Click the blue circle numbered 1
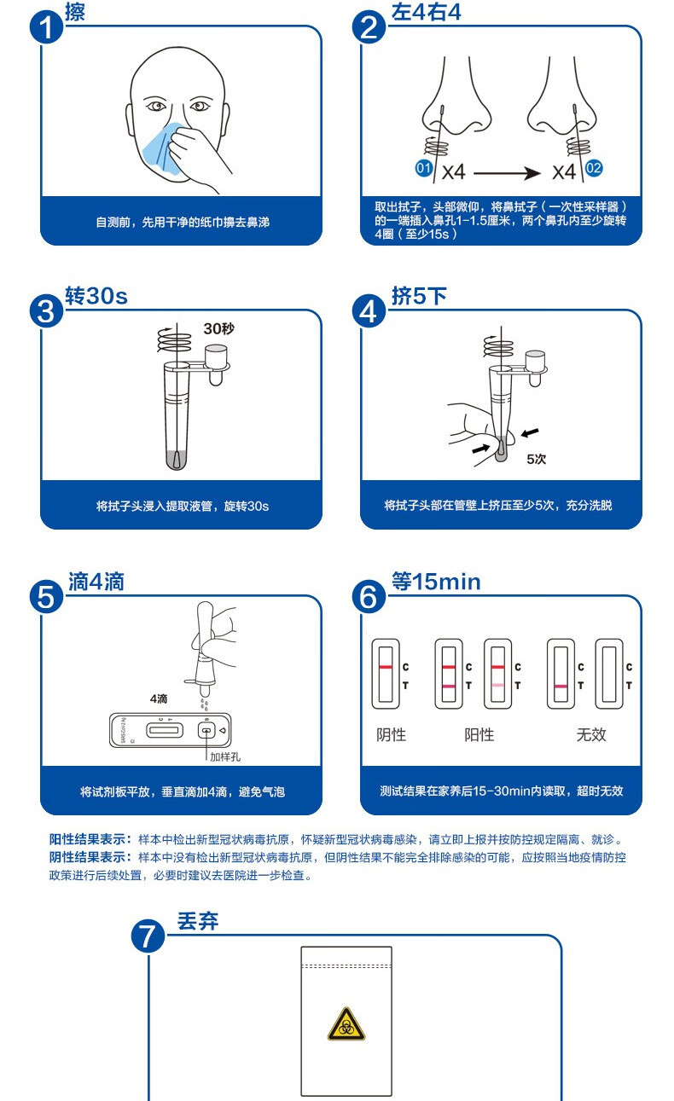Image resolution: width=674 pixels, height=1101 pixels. tap(47, 28)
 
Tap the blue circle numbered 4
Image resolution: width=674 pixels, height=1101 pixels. tap(369, 312)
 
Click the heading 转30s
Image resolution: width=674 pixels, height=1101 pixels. tap(96, 296)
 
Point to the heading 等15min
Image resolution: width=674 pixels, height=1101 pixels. tap(436, 582)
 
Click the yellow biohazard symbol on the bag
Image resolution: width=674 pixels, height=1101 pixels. tap(346, 1023)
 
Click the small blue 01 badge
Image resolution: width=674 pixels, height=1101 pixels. tap(423, 168)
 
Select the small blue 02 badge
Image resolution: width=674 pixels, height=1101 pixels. tap(594, 168)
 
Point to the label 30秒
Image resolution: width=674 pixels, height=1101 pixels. tap(218, 328)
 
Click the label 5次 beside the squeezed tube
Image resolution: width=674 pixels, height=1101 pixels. tap(536, 459)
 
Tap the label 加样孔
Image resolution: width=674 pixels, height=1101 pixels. tap(226, 756)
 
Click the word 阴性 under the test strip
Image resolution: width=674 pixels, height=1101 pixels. tap(392, 734)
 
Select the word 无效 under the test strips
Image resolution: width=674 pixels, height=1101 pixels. tap(590, 734)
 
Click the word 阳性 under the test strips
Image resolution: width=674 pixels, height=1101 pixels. tap(479, 734)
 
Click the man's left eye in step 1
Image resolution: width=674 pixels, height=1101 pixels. tap(200, 107)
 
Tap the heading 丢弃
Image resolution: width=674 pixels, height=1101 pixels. tap(197, 921)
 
